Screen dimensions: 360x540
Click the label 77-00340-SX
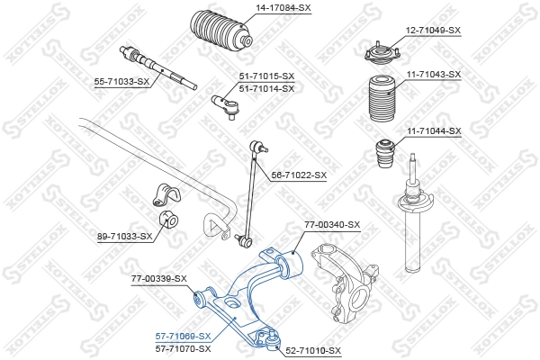[x=331, y=224]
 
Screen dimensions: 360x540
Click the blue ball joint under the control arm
[x=267, y=340]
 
